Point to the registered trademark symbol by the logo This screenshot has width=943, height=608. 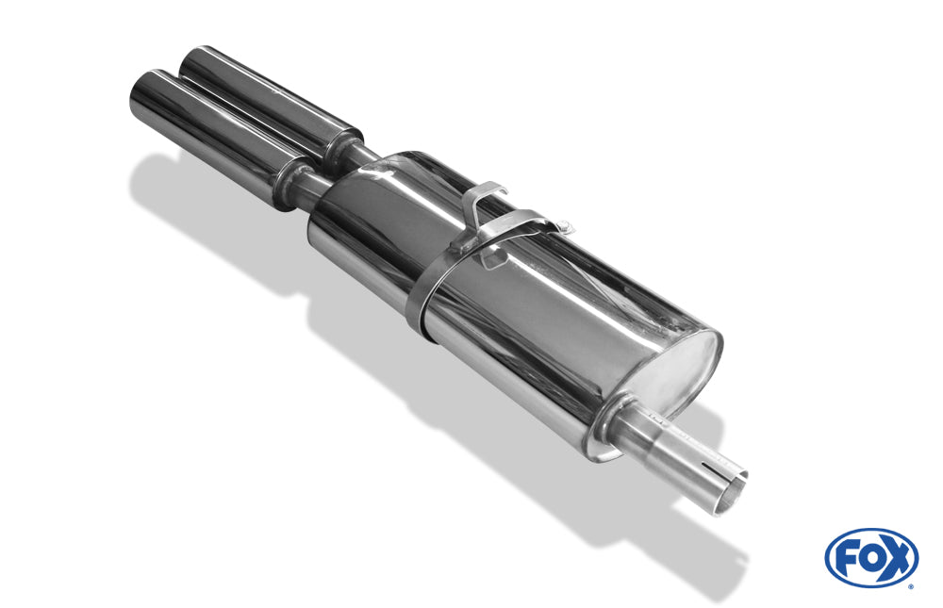tap(910, 585)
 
